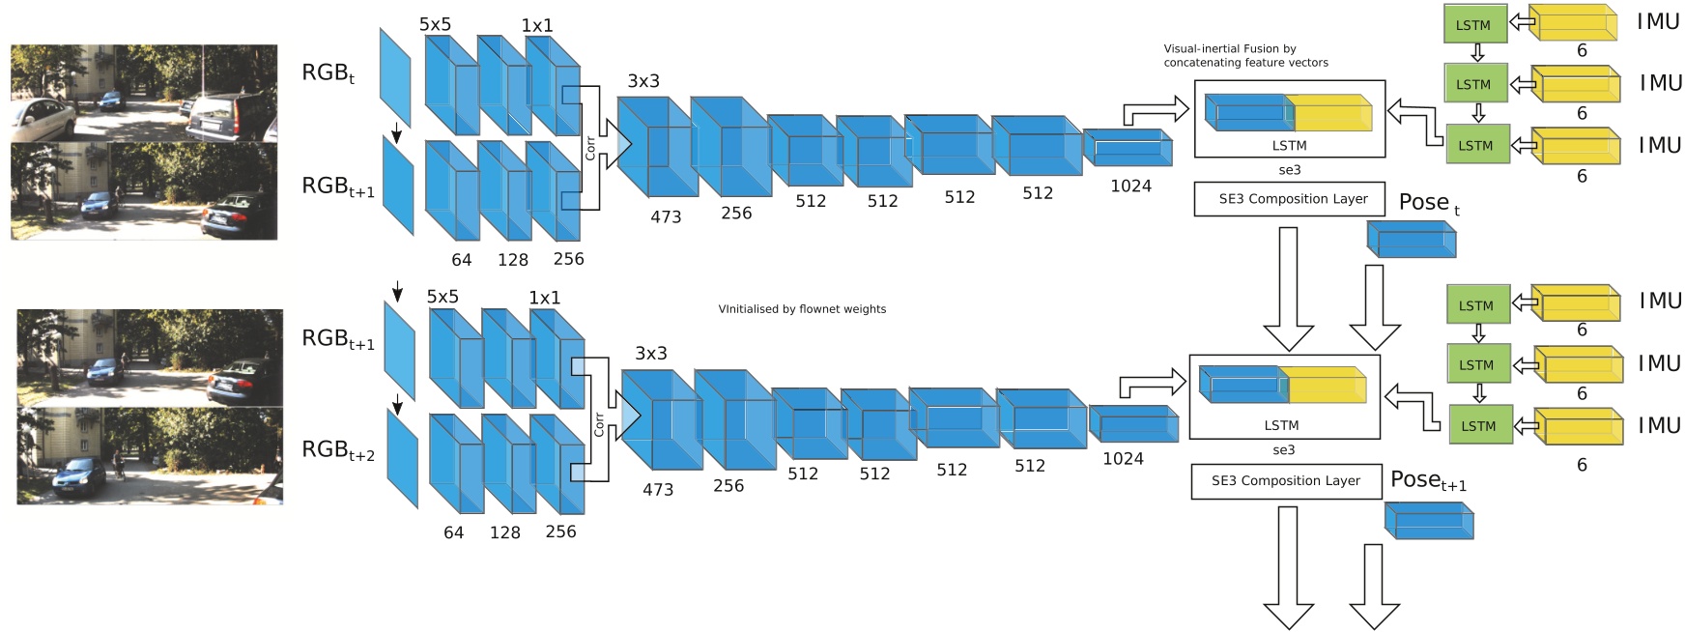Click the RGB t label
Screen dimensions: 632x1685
coord(328,73)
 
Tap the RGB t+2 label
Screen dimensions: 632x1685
coord(338,450)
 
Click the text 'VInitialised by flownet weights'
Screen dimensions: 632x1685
coord(802,309)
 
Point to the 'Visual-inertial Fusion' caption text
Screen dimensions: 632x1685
coord(1244,55)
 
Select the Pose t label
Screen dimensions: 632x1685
coord(1429,203)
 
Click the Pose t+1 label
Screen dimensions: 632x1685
coord(1428,480)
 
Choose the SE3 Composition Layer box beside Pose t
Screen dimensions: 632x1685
coord(1289,199)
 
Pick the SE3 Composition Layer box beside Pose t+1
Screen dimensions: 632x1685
coord(1285,480)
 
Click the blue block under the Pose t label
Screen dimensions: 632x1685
coord(1412,239)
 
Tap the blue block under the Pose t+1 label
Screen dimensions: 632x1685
coord(1429,520)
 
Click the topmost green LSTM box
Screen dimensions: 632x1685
coord(1473,25)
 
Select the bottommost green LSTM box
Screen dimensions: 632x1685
coord(1478,425)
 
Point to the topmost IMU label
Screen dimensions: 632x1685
coord(1658,21)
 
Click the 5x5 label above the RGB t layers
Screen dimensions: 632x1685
coord(435,24)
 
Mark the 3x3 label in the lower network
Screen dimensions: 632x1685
coord(650,354)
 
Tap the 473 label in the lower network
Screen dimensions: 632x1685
coord(658,490)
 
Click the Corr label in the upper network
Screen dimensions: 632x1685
coord(589,147)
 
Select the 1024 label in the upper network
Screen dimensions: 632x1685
coord(1130,187)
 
